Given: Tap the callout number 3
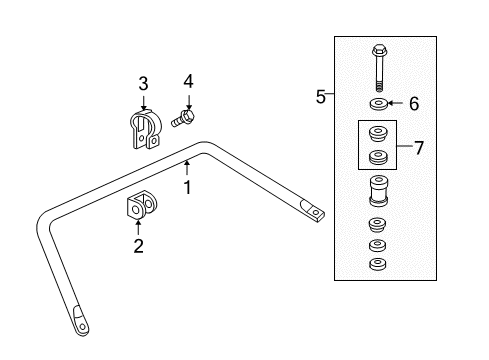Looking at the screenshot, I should [x=143, y=83].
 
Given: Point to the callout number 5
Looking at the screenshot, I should [x=321, y=96].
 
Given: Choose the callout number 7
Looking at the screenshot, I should [x=419, y=148].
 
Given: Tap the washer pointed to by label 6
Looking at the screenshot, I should [x=379, y=104].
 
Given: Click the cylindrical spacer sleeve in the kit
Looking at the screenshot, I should [x=379, y=192].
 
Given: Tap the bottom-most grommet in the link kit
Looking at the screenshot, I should [x=378, y=264].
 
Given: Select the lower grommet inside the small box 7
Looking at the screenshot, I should [x=379, y=158].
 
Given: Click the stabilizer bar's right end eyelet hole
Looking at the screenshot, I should [x=316, y=212].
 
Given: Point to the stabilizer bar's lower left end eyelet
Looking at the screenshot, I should [x=79, y=322].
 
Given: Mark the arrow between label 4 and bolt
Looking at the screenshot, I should [x=187, y=100].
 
